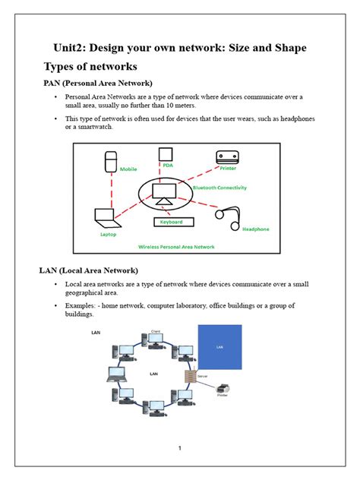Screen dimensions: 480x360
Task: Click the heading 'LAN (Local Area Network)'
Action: click(88, 270)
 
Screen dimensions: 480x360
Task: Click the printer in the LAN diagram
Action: click(223, 389)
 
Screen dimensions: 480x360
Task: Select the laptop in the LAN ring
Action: click(115, 374)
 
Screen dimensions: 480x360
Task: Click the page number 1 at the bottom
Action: click(180, 448)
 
